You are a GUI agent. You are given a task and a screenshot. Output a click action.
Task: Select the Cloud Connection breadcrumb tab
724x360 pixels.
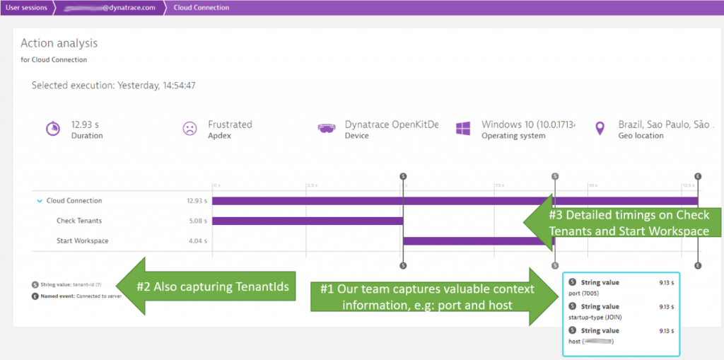click(x=201, y=8)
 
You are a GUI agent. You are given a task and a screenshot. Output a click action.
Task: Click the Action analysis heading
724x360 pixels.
click(x=59, y=44)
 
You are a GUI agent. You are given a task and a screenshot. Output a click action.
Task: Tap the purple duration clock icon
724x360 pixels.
click(x=52, y=129)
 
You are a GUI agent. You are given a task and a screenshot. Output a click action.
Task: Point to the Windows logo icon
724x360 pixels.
click(x=463, y=129)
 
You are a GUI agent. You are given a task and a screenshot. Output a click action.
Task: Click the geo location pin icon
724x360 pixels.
click(x=600, y=129)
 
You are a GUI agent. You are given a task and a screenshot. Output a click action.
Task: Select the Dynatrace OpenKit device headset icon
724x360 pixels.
click(x=326, y=129)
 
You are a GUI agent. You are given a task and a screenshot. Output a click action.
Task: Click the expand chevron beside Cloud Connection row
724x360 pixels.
click(x=40, y=201)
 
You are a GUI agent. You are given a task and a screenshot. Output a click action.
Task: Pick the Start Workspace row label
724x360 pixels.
click(x=82, y=241)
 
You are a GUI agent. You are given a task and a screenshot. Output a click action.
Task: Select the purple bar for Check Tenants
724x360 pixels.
click(x=307, y=221)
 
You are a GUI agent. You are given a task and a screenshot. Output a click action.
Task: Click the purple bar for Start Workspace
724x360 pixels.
click(x=467, y=241)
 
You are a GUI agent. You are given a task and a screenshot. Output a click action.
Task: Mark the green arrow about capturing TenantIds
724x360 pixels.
click(x=205, y=286)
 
